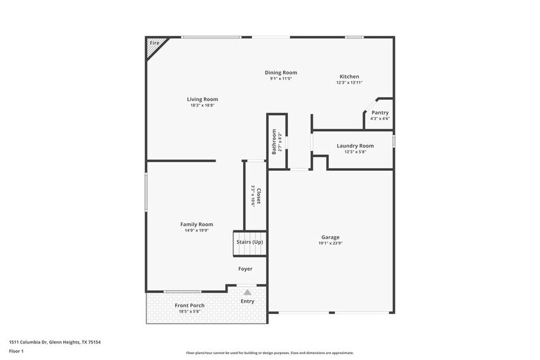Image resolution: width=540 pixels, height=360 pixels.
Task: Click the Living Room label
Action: (x=202, y=99)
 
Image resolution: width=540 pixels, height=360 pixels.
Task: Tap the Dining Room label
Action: (x=280, y=73)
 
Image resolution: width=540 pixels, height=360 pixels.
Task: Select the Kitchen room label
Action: (x=349, y=77)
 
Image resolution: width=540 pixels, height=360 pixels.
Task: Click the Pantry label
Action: (x=380, y=113)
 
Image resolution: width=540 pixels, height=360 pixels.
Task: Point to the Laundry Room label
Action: (x=354, y=146)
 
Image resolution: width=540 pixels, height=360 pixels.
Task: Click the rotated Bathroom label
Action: (x=274, y=142)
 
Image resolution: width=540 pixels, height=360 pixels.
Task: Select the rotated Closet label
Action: (x=259, y=196)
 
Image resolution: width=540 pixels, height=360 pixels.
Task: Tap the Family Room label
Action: (x=196, y=224)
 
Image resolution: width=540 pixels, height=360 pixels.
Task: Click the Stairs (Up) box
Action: (x=250, y=242)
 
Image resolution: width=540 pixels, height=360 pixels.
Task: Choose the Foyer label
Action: (x=245, y=269)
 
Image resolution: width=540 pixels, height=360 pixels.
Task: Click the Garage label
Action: (x=330, y=237)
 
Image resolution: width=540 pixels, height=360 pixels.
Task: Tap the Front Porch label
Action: (x=189, y=306)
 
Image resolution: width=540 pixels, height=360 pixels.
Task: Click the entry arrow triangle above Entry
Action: (x=247, y=293)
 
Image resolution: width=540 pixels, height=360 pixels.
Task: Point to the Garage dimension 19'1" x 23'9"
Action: (x=330, y=243)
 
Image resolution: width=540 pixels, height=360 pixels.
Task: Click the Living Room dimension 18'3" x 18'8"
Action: (x=202, y=105)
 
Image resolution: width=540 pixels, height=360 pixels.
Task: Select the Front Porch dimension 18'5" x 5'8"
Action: (x=189, y=312)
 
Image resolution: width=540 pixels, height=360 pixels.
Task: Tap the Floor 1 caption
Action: (x=17, y=351)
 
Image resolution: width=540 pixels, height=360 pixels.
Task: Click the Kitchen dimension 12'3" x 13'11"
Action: (x=349, y=83)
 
